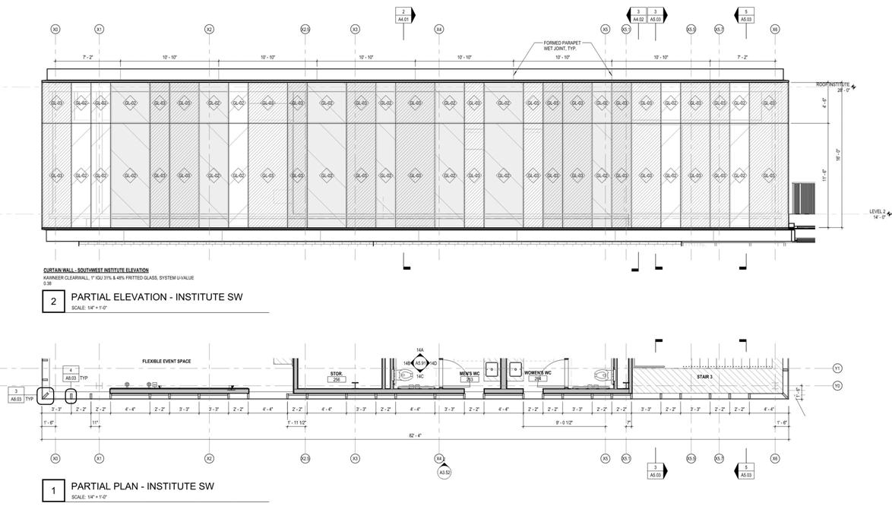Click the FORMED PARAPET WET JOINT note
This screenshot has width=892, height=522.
point(562,46)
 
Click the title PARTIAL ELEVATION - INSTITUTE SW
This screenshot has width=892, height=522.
point(157,297)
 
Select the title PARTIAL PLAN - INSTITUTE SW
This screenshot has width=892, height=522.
point(143,486)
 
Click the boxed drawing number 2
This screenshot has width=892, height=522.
point(53,302)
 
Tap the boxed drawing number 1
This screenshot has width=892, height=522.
point(53,491)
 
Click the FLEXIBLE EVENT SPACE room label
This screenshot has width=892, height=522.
point(166,362)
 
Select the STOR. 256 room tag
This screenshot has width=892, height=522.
point(337,376)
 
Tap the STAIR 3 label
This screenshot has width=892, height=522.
point(704,376)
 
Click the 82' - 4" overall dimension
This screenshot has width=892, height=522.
point(413,435)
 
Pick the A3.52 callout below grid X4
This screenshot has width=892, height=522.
point(444,473)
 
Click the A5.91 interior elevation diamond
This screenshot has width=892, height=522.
point(420,363)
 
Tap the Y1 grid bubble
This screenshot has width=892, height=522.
point(837,369)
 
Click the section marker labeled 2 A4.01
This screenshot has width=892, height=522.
point(403,14)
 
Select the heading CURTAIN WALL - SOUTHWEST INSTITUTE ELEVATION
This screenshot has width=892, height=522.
point(96,270)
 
